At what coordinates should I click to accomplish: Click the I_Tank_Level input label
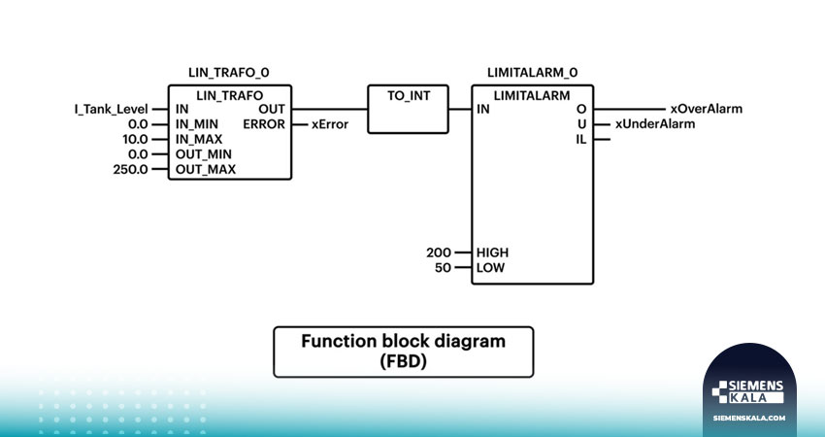111,110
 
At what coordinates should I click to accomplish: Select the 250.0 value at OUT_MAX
130,170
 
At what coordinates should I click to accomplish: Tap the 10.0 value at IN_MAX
135,140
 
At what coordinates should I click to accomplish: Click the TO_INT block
409,109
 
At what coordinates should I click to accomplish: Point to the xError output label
330,124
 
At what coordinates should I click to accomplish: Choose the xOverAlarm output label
706,109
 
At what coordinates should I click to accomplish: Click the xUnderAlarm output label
655,124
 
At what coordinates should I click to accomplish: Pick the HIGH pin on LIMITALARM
492,252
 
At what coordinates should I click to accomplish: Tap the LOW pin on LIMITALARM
490,268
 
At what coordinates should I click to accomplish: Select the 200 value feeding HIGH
439,252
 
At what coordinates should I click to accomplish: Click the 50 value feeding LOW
443,268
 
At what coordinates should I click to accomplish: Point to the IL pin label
580,140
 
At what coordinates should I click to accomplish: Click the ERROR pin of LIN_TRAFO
264,124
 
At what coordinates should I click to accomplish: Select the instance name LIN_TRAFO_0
229,73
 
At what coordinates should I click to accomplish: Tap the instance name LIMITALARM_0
533,73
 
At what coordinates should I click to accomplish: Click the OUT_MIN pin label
204,154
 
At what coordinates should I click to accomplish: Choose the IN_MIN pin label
197,124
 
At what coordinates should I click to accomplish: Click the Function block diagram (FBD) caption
404,352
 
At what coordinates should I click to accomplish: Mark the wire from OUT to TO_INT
329,109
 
